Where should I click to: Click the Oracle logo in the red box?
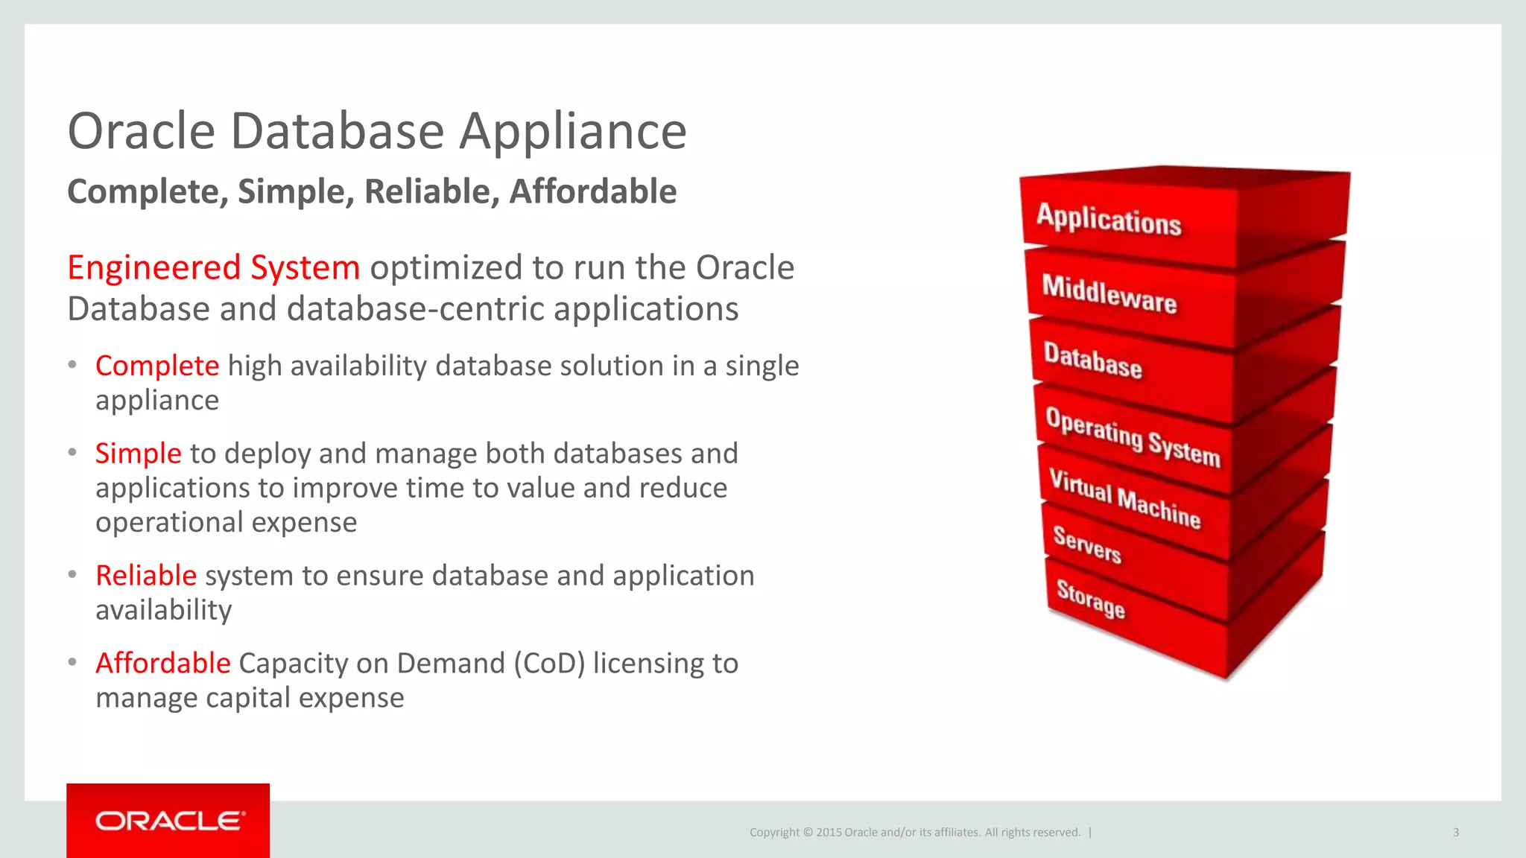169,821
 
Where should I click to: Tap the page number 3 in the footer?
1455,833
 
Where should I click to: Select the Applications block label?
1109,220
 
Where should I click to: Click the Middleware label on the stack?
1109,294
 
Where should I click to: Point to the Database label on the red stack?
1092,360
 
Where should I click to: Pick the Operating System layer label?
1133,437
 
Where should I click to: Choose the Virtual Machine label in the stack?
1124,499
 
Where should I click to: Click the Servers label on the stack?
1086,544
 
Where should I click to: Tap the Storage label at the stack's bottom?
1090,599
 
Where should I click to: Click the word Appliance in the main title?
572,132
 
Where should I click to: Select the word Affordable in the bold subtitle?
592,191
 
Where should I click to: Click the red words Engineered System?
213,267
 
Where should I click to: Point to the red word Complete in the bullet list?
157,366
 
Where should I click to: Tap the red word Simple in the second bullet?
138,454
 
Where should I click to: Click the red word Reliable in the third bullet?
146,576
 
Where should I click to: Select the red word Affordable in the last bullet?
163,663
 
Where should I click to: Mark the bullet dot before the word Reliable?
72,575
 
